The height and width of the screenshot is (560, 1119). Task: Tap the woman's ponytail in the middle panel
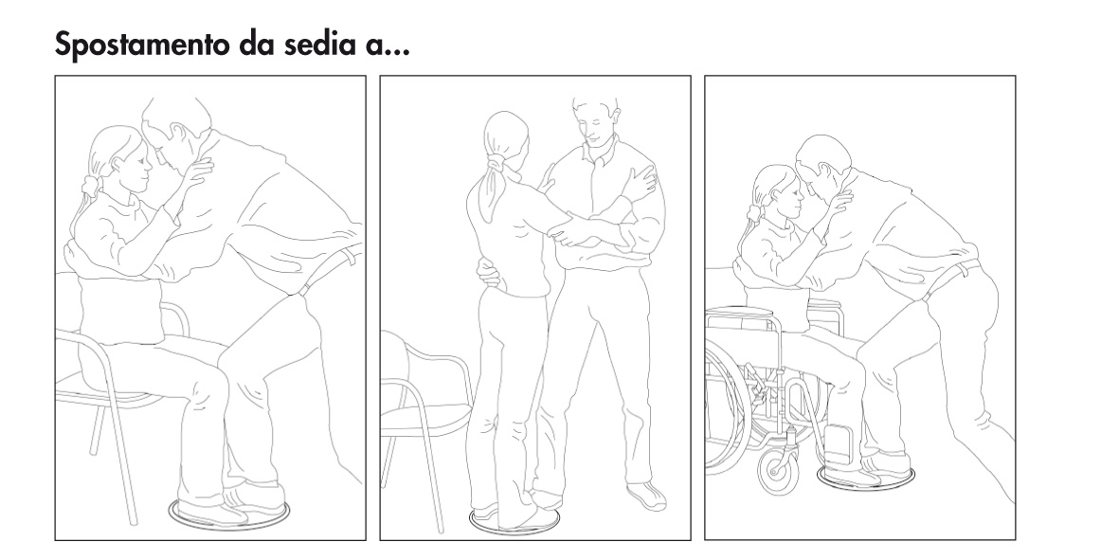(x=493, y=183)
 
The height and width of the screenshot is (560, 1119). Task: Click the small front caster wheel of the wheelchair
(x=777, y=472)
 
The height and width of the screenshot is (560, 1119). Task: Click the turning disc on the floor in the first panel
(x=230, y=513)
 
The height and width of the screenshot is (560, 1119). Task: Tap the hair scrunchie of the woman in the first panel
(x=90, y=188)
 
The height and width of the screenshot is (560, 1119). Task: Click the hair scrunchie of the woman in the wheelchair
(x=754, y=212)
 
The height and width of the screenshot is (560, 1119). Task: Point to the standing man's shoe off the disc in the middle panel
(x=647, y=496)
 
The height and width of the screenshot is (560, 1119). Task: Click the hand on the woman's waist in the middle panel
(x=487, y=274)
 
